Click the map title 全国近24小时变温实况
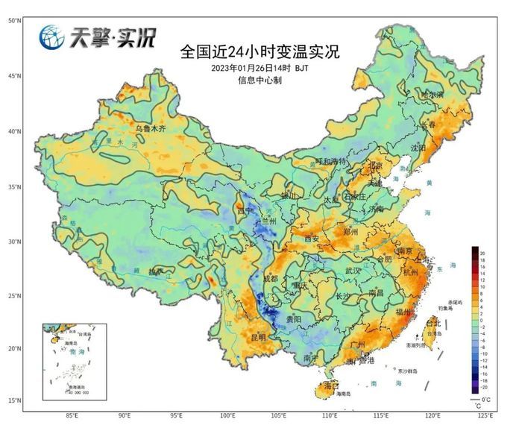tap(260, 52)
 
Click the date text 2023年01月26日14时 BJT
tap(260, 68)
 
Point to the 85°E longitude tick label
tap(72, 415)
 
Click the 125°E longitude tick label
tap(484, 415)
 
